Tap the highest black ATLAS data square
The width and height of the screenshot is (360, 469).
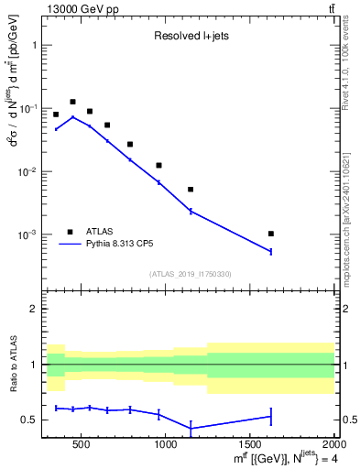[72, 102]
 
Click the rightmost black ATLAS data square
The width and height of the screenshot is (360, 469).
[270, 234]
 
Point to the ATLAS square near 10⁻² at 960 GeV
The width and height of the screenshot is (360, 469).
[159, 166]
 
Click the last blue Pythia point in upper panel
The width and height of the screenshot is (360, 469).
[270, 251]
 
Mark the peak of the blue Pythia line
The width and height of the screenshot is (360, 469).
[72, 117]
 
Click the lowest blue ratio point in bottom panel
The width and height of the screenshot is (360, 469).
[191, 428]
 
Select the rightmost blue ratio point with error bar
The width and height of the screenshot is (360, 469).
[270, 416]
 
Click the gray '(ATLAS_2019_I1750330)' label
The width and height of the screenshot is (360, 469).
[190, 274]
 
